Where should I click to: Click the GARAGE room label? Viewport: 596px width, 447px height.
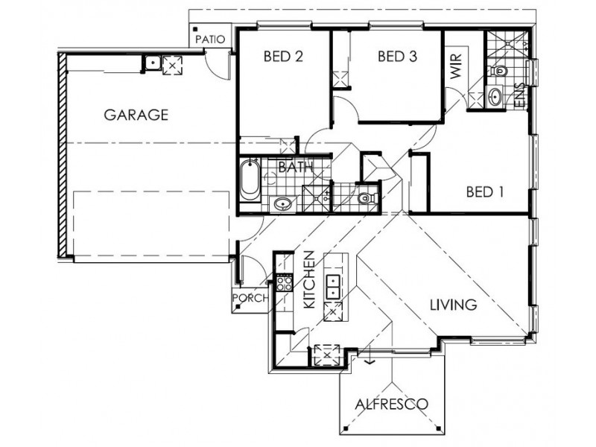pyautogui.click(x=136, y=115)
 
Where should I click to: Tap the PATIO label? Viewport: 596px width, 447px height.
pyautogui.click(x=209, y=39)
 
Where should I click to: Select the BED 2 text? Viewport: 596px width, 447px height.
pyautogui.click(x=283, y=56)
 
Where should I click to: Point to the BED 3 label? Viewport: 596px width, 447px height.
pyautogui.click(x=396, y=56)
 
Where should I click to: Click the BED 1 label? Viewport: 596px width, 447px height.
pyautogui.click(x=485, y=191)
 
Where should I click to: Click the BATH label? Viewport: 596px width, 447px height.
pyautogui.click(x=294, y=168)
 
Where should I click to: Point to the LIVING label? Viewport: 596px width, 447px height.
pyautogui.click(x=452, y=305)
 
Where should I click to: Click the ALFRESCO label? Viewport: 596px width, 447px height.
pyautogui.click(x=391, y=405)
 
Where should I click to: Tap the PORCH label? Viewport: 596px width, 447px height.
pyautogui.click(x=250, y=298)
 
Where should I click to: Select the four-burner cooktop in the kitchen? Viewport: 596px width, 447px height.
pyautogui.click(x=284, y=283)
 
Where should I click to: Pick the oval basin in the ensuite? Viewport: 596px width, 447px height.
pyautogui.click(x=495, y=96)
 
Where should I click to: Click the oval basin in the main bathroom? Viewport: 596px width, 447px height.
pyautogui.click(x=282, y=203)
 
